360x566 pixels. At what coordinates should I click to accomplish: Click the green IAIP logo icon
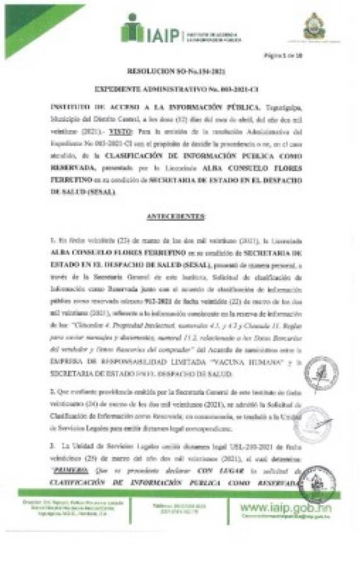pos(133,28)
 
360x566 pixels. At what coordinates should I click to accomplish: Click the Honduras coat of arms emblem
pos(315,28)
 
